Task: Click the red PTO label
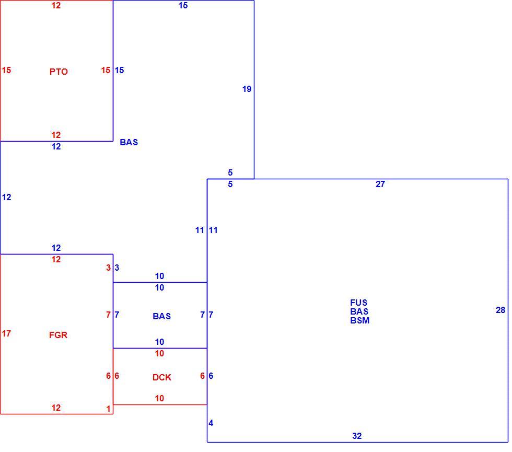59,72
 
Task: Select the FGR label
58,335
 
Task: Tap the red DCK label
161,377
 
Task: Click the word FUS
358,303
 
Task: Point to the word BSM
360,321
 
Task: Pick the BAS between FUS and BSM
359,311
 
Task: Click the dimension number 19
247,89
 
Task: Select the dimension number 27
380,184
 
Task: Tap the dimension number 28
501,310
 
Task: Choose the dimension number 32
357,436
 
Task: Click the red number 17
6,333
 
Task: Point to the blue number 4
211,423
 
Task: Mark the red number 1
109,409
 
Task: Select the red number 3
109,268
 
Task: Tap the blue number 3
117,268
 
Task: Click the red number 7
109,315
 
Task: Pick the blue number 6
211,376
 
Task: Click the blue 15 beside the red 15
119,70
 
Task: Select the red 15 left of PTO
6,70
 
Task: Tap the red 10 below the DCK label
159,398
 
